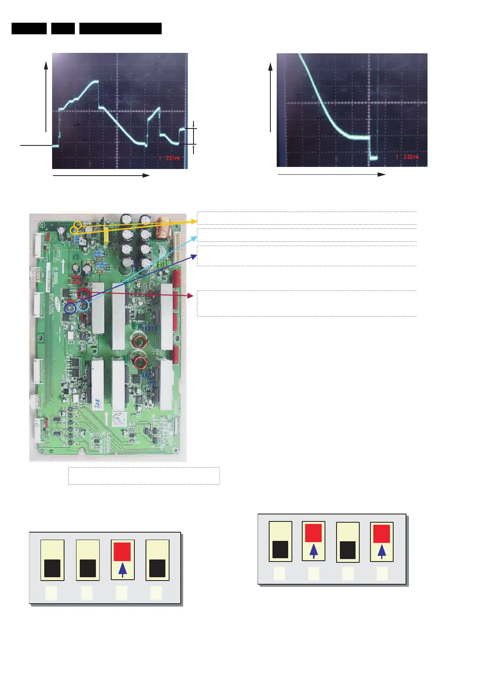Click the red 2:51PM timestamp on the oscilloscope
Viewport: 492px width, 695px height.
(x=170, y=158)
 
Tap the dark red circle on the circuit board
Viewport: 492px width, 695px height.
(x=84, y=294)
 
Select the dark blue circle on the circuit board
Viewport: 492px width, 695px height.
(x=71, y=308)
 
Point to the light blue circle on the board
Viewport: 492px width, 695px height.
(x=84, y=306)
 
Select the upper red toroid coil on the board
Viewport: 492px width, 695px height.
(x=140, y=341)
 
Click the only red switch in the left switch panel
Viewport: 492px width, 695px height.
(x=122, y=552)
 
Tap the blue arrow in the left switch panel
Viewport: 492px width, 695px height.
(x=122, y=570)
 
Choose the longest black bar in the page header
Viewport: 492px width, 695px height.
(x=120, y=29)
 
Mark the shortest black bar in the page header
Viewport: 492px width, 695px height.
(x=63, y=29)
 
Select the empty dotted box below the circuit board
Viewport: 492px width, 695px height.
(x=143, y=476)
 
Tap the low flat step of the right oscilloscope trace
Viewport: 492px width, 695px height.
(x=374, y=158)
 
